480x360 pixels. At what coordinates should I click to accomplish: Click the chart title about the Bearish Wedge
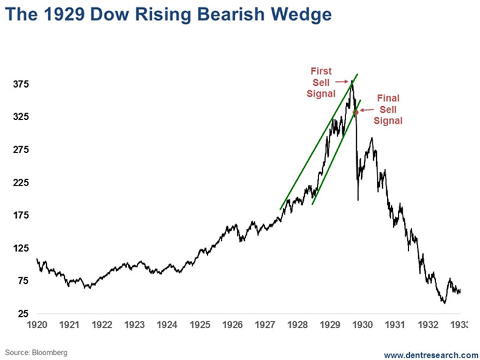(x=170, y=15)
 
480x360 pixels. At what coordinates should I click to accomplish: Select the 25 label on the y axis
(x=22, y=314)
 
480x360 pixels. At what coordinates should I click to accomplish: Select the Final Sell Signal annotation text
(x=388, y=109)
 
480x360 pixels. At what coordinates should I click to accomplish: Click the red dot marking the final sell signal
(x=355, y=112)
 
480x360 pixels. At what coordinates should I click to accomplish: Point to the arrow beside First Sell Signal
(x=341, y=82)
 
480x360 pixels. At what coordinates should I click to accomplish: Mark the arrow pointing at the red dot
(x=366, y=110)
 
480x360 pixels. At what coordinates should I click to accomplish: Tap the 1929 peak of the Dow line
(x=352, y=80)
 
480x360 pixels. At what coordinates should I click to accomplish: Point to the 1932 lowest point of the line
(x=444, y=303)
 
